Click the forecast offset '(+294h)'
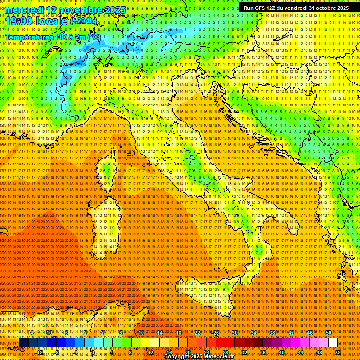83,21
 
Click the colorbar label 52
337,352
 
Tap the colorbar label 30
235,333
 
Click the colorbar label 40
281,352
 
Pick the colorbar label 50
328,333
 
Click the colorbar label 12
150,352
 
